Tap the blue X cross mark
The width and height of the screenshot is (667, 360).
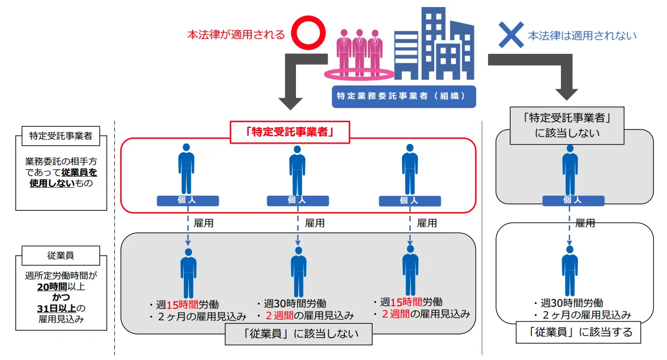coord(511,35)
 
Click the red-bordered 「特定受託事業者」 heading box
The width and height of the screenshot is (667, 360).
coord(289,132)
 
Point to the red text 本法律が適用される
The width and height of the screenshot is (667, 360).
coord(236,35)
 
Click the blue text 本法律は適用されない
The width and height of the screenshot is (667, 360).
coord(582,36)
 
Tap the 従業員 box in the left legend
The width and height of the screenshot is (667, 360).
coord(60,253)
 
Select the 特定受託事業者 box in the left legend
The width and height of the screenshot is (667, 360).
coord(60,136)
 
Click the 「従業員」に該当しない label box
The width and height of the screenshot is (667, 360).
coord(299,334)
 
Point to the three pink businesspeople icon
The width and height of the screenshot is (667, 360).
coord(359,52)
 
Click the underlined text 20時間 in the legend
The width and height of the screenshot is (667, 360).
coord(53,287)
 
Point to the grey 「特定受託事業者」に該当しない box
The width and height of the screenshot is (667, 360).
coord(566,126)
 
